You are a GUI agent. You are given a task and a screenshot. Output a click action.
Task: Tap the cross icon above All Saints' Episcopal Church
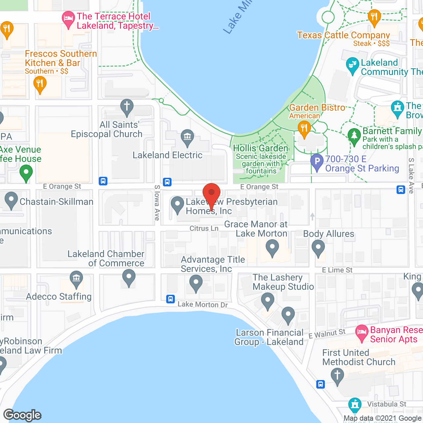coord(127,107)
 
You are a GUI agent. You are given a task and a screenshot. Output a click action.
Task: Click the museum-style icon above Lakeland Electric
coord(187,137)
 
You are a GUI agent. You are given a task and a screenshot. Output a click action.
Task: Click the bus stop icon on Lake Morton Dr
coord(171,299)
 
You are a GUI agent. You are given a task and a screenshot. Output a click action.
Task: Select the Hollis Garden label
coord(261,148)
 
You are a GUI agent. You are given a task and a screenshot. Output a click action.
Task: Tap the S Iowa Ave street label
coord(157,203)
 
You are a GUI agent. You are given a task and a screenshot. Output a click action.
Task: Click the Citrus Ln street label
coord(204,228)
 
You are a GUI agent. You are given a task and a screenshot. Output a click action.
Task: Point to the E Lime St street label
coord(337,270)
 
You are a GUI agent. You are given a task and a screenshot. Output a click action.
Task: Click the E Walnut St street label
coord(327,334)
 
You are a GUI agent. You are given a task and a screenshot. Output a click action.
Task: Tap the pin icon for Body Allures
coord(318,248)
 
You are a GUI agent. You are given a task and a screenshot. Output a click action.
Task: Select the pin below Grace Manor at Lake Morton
coord(272,248)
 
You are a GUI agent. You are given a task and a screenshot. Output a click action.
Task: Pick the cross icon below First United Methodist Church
coord(337,376)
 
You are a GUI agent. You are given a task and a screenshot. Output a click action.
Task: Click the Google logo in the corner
coord(22,415)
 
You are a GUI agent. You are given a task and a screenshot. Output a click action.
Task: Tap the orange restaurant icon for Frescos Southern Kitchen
coord(40,84)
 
